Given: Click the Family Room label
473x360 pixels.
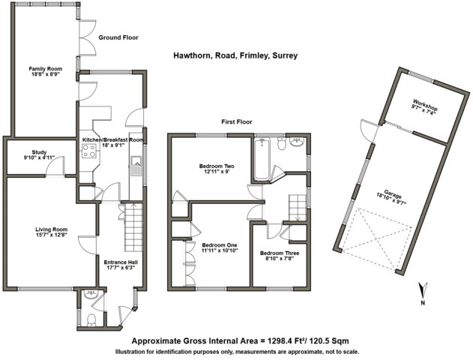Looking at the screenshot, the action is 45,69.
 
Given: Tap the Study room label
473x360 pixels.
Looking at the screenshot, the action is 39,152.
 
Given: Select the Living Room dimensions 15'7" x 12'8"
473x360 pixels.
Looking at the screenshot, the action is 51,235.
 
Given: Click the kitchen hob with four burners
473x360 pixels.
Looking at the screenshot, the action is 89,151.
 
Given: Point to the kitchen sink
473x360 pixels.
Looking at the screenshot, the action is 136,166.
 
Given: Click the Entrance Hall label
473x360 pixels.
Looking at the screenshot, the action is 121,262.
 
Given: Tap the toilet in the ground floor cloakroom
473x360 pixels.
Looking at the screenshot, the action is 91,319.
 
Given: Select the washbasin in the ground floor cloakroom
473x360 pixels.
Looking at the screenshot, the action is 90,294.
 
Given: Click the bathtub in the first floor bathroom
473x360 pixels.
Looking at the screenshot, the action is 262,159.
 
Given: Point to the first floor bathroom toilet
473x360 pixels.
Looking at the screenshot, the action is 282,144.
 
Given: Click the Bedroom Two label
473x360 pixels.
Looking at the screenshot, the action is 217,166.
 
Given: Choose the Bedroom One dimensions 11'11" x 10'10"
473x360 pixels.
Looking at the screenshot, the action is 220,250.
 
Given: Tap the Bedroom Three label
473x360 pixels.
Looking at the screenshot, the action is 280,253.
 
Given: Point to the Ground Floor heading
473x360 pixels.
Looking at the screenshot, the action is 118,37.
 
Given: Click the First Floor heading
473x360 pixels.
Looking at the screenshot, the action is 237,122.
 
